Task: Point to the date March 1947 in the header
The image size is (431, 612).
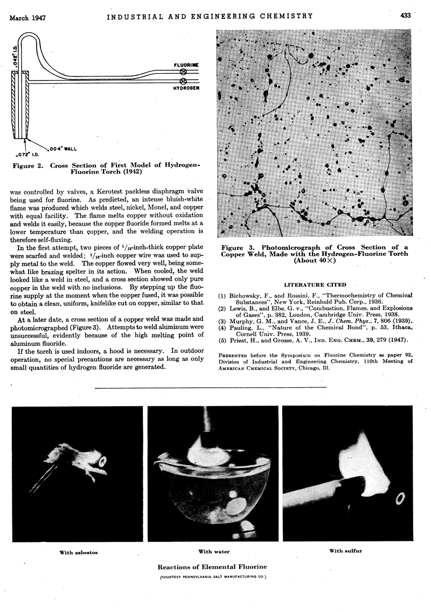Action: pos(27,17)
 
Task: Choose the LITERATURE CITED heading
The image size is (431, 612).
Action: pos(315,284)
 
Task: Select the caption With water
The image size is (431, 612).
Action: pos(213,552)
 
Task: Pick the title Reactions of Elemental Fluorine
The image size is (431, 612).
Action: pos(213,567)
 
